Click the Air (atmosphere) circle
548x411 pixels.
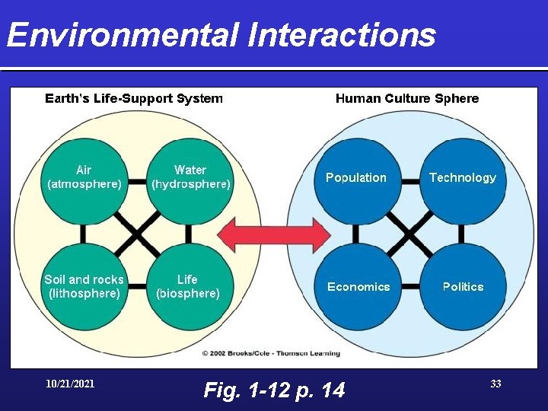pyautogui.click(x=84, y=178)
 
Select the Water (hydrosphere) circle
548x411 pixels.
pyautogui.click(x=190, y=178)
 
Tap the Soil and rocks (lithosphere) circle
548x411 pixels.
pyautogui.click(x=84, y=287)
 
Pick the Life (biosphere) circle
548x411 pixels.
pyautogui.click(x=188, y=287)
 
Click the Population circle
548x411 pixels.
pyautogui.click(x=356, y=178)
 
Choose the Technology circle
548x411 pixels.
pyautogui.click(x=463, y=178)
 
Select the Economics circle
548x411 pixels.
pyautogui.click(x=358, y=287)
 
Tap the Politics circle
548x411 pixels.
pyautogui.click(x=463, y=287)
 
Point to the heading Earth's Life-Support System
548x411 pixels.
pyautogui.click(x=134, y=98)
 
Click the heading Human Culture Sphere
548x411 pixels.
pyautogui.click(x=407, y=98)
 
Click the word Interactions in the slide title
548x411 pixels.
pyautogui.click(x=339, y=35)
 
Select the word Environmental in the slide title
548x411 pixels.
pyautogui.click(x=122, y=35)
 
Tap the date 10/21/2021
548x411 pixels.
pyautogui.click(x=70, y=384)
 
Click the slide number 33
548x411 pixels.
pyautogui.click(x=495, y=384)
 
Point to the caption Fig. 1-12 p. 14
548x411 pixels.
pyautogui.click(x=274, y=390)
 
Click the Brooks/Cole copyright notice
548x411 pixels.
pyautogui.click(x=270, y=353)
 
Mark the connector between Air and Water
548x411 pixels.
pyautogui.click(x=137, y=183)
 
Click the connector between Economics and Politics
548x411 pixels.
pyautogui.click(x=409, y=287)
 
